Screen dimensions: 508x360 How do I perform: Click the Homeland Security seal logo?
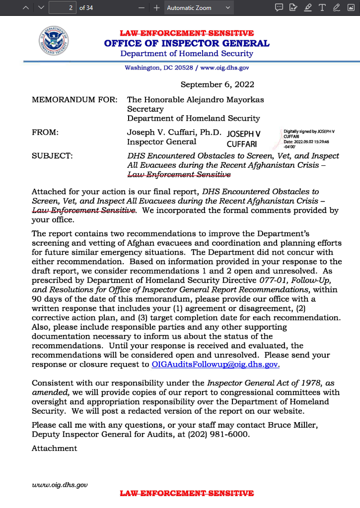[x=53, y=41]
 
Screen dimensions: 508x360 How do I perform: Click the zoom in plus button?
[x=156, y=8]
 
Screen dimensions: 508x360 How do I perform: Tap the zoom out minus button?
[x=142, y=8]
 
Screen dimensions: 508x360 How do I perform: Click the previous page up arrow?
[x=25, y=8]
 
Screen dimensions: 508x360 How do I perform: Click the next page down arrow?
[x=41, y=8]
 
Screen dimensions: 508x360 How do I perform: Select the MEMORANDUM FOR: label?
[x=74, y=99]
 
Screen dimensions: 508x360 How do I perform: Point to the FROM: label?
[x=45, y=133]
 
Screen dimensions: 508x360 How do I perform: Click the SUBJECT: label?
[x=52, y=156]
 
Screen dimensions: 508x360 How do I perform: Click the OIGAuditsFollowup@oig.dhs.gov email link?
[x=216, y=364]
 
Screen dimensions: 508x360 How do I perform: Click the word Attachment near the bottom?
[x=54, y=448]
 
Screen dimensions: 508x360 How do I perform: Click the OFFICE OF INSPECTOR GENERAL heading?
[x=187, y=43]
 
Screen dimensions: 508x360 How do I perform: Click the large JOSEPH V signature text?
[x=243, y=134]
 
